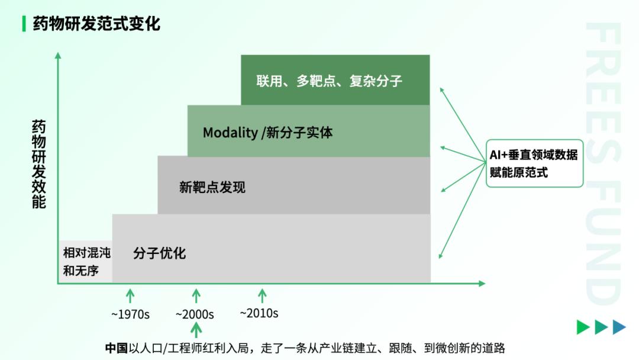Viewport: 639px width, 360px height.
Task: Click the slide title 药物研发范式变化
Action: click(x=96, y=24)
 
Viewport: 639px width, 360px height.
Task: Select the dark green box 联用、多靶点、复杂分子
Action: click(x=335, y=80)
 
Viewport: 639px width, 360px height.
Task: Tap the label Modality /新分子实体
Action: click(x=268, y=133)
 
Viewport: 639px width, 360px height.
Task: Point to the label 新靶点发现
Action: click(x=212, y=187)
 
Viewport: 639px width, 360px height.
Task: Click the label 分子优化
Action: click(x=159, y=253)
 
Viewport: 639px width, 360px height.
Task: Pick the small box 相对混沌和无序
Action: click(x=86, y=261)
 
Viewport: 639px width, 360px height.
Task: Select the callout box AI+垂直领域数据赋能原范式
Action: click(x=534, y=163)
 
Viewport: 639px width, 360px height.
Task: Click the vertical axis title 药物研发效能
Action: click(x=38, y=164)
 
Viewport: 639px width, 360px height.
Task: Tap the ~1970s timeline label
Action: click(x=130, y=314)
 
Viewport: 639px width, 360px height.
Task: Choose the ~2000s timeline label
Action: click(x=195, y=314)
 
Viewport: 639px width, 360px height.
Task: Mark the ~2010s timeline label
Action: click(x=259, y=313)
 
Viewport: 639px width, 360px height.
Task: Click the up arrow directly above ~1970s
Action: click(x=130, y=295)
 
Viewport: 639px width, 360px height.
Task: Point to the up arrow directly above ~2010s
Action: click(x=262, y=295)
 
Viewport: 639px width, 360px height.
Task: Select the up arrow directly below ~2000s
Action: click(x=196, y=330)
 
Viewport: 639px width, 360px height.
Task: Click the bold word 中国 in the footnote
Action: click(x=117, y=348)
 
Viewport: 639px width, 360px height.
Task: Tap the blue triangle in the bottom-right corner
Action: click(x=619, y=327)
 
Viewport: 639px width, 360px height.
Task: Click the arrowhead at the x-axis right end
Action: click(x=482, y=284)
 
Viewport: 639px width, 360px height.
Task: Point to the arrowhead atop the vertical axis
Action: click(x=58, y=56)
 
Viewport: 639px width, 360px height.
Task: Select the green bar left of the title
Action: click(x=24, y=24)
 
